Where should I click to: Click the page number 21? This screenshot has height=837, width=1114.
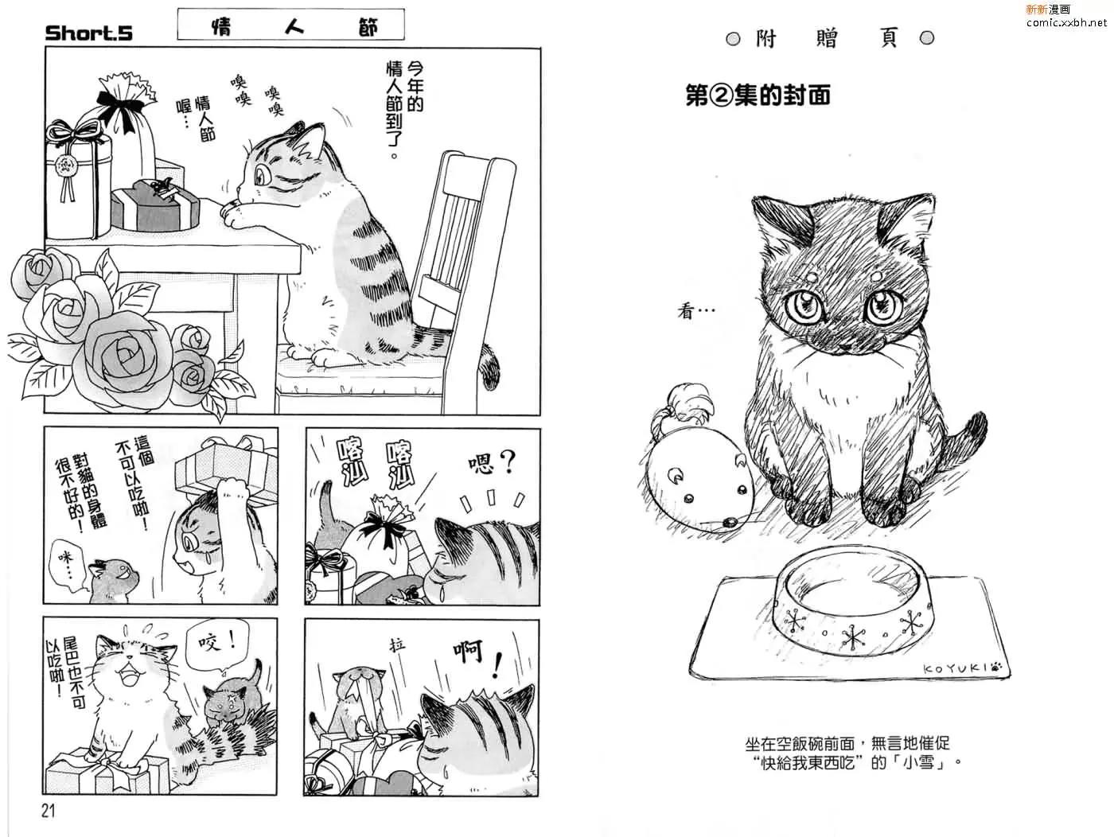(48, 811)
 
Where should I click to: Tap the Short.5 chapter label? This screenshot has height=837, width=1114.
(89, 33)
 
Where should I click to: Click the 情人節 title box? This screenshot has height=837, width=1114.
(290, 24)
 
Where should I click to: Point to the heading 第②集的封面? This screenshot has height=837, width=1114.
(758, 95)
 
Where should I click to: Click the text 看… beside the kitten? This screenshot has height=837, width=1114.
(695, 310)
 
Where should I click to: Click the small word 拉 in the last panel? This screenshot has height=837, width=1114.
(397, 644)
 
